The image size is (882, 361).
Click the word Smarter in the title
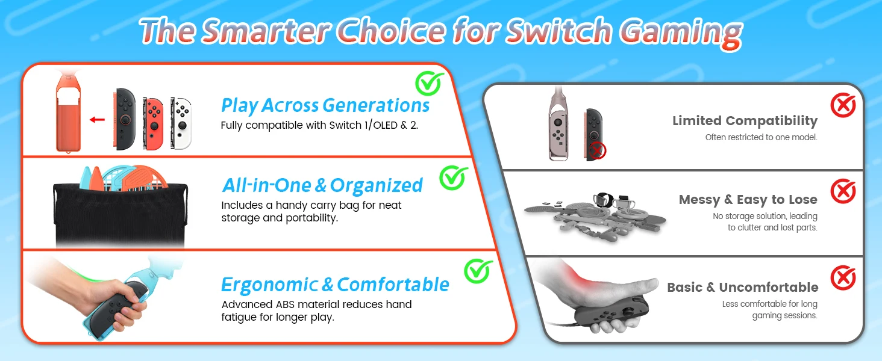266,31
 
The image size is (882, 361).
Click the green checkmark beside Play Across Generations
429,83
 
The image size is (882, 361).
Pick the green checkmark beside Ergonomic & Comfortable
478,271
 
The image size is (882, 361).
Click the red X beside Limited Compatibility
843,105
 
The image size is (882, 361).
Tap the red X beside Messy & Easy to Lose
843,191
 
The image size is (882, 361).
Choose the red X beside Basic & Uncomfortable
843,277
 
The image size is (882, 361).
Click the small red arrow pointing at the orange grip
97,120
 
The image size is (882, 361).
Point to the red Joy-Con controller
153,123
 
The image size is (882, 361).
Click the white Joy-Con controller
181,123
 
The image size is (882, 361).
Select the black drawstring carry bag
120,214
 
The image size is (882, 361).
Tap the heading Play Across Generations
325,105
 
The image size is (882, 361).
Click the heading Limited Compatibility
745,121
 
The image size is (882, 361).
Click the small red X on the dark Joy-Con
597,151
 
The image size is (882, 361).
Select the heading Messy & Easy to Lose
748,200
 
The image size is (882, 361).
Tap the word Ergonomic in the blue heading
270,285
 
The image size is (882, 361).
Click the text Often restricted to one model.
761,137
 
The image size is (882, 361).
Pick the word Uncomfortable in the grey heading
769,288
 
